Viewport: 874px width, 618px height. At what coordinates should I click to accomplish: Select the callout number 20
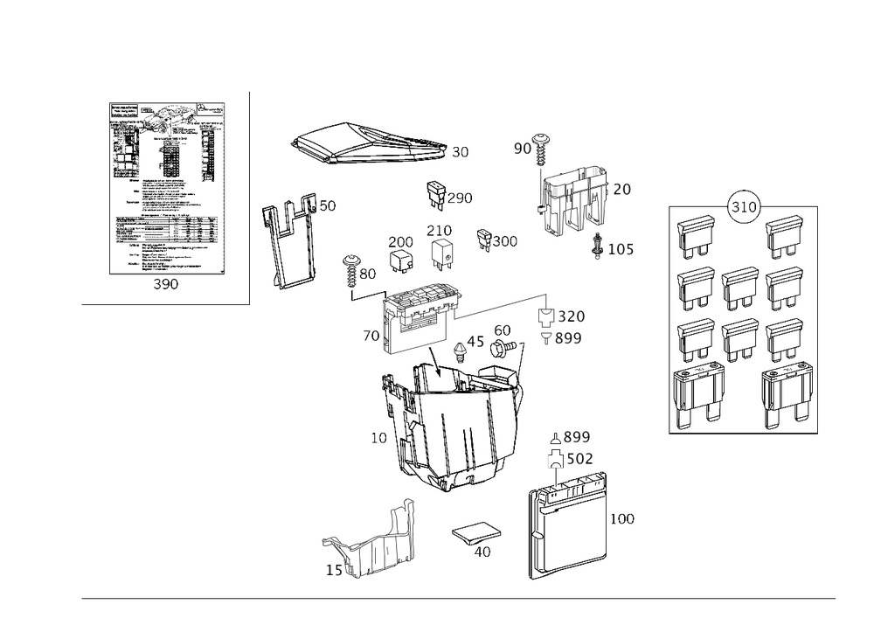coord(622,189)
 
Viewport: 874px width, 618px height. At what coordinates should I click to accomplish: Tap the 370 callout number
coord(572,316)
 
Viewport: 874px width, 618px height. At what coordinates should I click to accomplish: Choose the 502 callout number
coord(579,457)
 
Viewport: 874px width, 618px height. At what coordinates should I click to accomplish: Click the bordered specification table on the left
coord(166,188)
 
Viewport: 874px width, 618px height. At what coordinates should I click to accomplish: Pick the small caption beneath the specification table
coord(165,286)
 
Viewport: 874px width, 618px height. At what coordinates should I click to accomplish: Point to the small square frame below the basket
coord(476,534)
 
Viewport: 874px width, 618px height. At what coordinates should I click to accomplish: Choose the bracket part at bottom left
coord(367,546)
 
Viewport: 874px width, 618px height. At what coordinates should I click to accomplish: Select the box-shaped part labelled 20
coord(572,199)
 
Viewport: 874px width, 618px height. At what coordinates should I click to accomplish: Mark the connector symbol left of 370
coord(546,316)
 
